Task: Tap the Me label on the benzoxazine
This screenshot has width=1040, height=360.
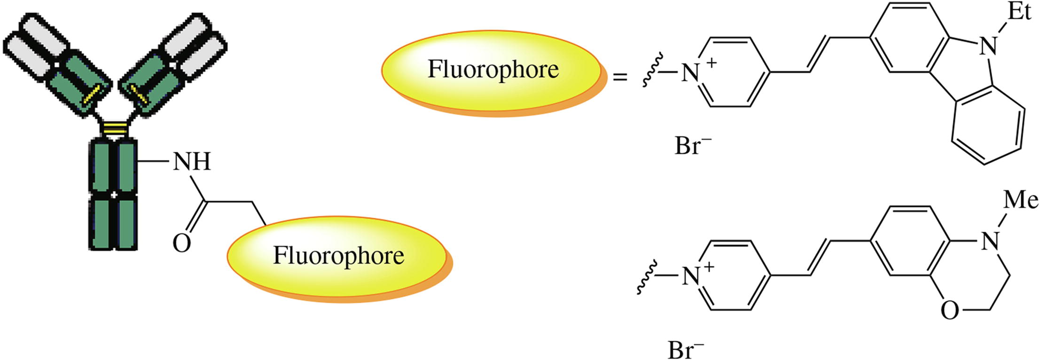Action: [1020, 201]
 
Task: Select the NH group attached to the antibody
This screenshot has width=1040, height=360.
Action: [192, 162]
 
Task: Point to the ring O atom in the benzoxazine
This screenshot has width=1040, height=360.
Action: [950, 311]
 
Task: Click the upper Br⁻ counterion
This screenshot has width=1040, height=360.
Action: [693, 146]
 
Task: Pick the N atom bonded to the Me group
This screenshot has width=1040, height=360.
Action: [990, 242]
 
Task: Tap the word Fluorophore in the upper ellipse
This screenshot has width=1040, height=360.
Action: [493, 70]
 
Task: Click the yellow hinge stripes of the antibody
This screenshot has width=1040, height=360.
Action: [115, 127]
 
